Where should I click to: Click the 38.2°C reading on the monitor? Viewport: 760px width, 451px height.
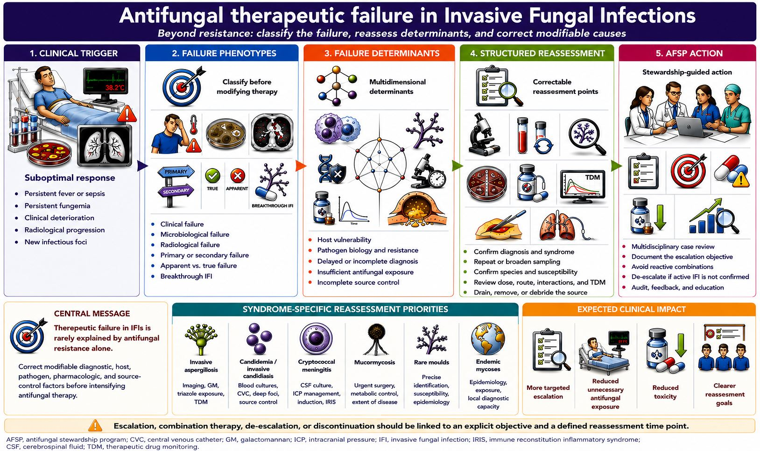tap(115, 88)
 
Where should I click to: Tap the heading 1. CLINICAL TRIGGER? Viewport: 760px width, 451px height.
tap(74, 53)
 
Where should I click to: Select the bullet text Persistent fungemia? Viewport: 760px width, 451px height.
tap(57, 205)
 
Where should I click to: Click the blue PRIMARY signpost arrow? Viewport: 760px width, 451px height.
tap(176, 172)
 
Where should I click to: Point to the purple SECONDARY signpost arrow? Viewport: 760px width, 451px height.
tap(176, 191)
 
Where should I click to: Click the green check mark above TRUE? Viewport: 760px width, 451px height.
tap(212, 176)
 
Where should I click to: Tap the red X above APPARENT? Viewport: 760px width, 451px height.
tap(238, 176)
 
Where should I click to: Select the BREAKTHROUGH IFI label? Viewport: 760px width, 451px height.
tap(272, 205)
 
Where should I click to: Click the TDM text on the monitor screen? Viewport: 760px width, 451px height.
tap(592, 177)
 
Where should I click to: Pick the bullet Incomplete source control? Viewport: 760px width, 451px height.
tap(358, 282)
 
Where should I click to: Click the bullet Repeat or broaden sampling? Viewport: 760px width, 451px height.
tap(517, 261)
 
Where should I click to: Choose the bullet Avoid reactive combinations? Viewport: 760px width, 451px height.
tap(672, 267)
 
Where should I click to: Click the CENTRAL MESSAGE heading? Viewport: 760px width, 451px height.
tap(92, 314)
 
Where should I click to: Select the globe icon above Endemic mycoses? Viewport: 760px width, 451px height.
tap(488, 338)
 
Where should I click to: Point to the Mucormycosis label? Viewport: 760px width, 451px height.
tap(374, 362)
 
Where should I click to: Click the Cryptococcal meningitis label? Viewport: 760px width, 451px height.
tap(316, 366)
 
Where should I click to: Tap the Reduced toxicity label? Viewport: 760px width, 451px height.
tap(665, 392)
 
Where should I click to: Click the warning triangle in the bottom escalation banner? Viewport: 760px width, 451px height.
tap(95, 425)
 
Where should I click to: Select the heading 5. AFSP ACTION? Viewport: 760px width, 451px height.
tap(689, 53)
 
